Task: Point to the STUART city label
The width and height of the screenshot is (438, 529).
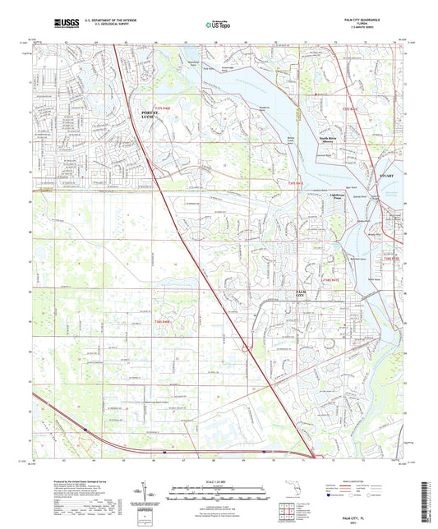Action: (x=387, y=174)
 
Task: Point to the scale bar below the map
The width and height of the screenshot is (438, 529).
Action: (x=219, y=485)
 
